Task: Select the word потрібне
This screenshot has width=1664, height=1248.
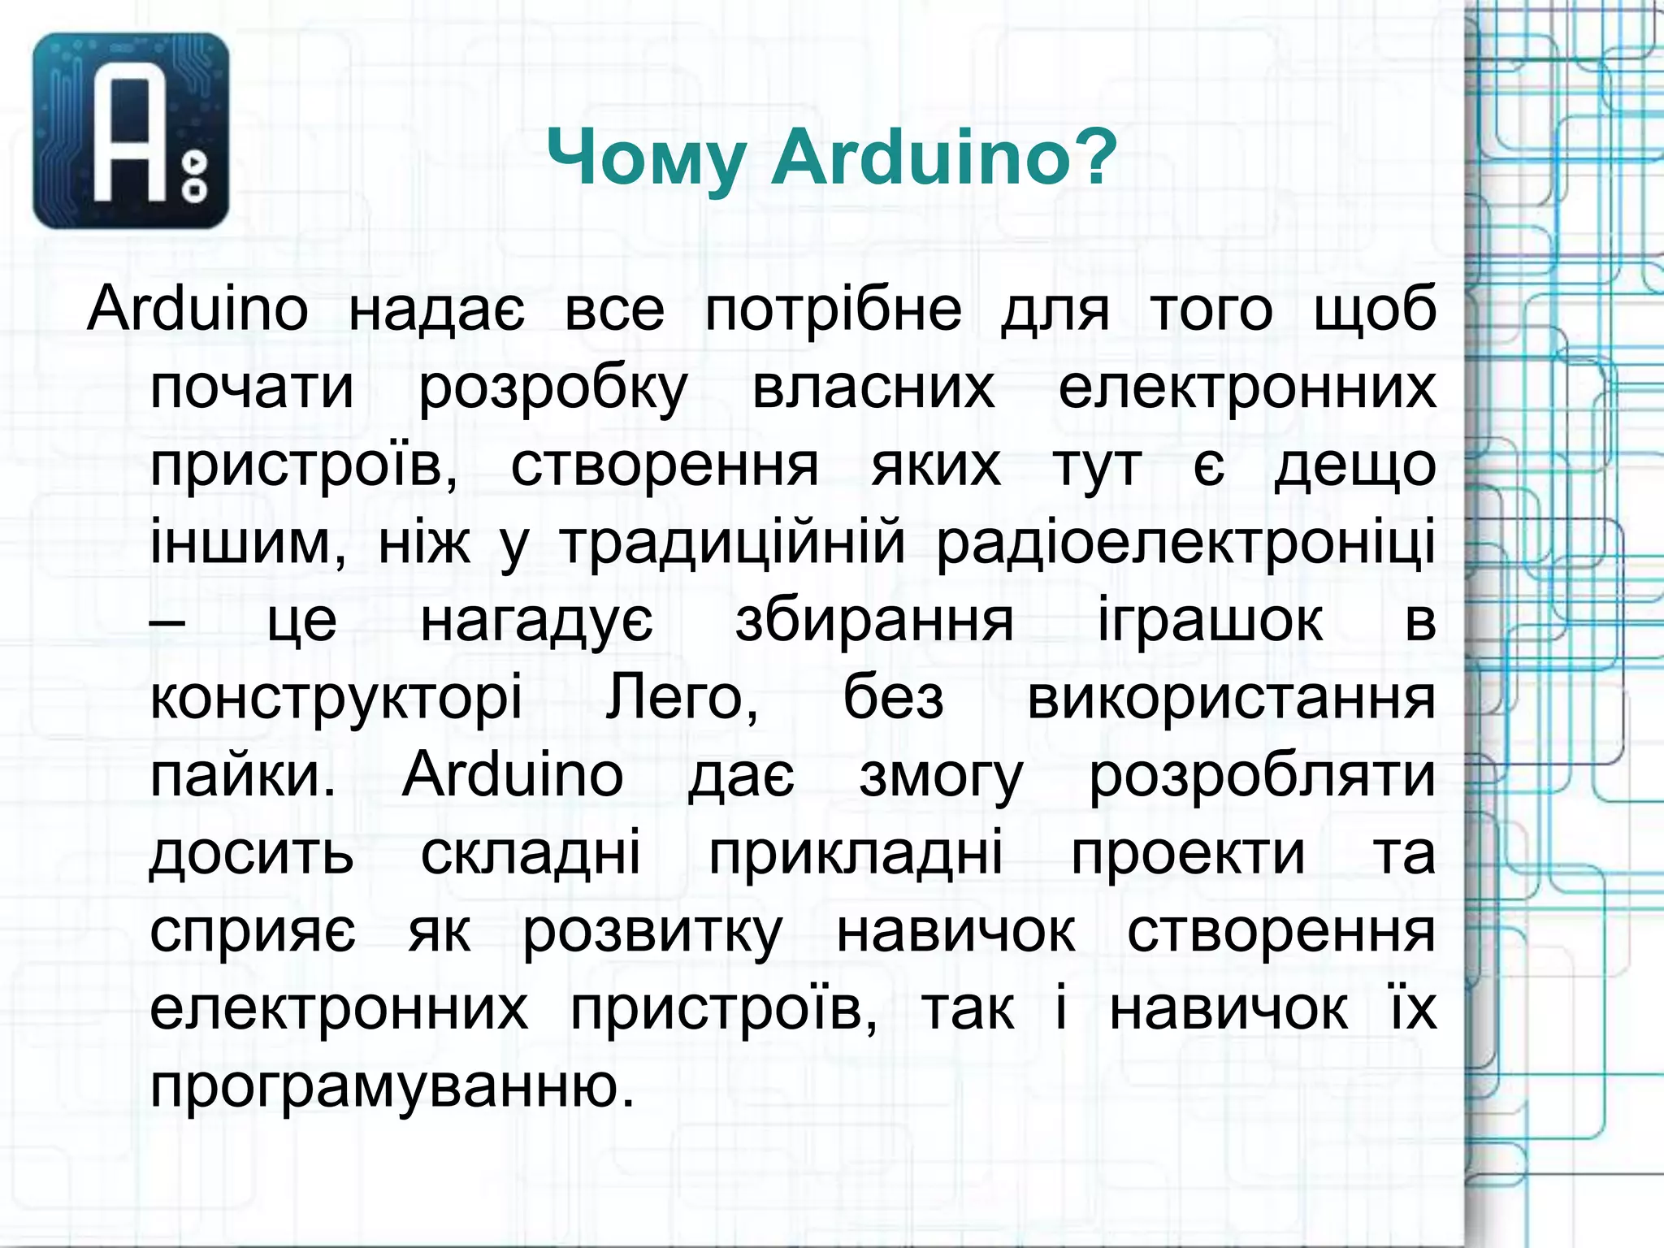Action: [833, 310]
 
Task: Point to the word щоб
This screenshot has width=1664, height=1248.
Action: [1374, 310]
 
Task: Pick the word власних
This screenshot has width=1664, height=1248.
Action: [873, 388]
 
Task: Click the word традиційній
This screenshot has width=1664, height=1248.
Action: [732, 543]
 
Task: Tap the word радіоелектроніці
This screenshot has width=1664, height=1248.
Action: [1185, 543]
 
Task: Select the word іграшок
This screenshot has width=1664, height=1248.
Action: [1210, 621]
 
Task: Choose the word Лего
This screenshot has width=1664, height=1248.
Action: [681, 699]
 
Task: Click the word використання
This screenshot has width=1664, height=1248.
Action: [1231, 699]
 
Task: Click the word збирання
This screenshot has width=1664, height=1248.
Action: [874, 621]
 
